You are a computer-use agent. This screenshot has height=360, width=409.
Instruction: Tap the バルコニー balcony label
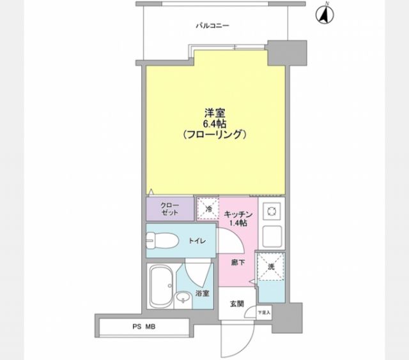(212, 26)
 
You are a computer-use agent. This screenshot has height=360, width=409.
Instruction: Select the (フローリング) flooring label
(214, 135)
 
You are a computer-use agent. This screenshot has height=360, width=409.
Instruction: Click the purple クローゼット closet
(170, 208)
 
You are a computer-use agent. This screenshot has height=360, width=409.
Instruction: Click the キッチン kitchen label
(240, 214)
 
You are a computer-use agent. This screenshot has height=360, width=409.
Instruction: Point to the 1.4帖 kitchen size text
(240, 223)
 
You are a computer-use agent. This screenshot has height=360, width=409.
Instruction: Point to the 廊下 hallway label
(236, 263)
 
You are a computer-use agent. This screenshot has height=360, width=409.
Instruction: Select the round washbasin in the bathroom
(183, 297)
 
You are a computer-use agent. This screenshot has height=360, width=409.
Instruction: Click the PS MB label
(144, 327)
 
